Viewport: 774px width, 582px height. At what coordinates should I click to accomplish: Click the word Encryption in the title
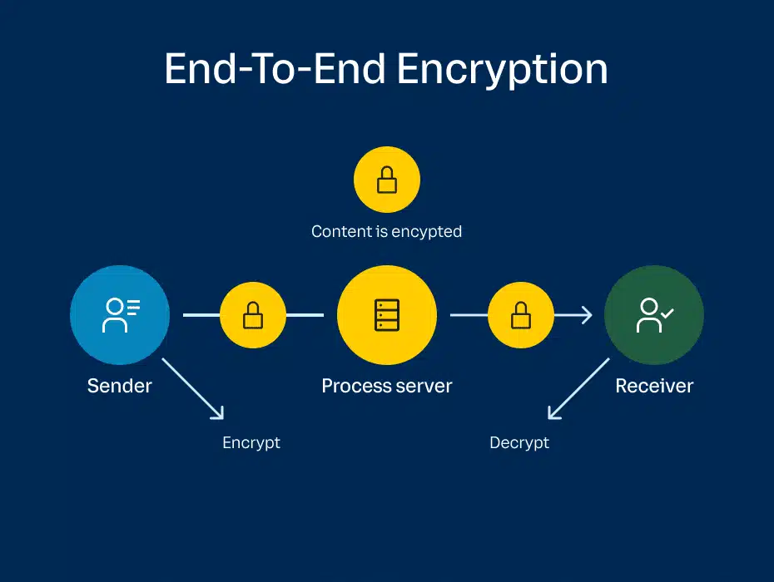502,70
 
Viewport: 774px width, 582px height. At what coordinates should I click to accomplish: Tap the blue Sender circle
120,315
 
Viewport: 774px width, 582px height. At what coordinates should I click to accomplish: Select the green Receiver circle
654,315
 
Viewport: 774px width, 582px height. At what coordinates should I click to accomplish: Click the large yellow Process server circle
387,315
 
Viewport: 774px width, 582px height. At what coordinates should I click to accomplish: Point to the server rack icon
387,315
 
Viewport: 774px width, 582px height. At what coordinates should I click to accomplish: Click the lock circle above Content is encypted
387,180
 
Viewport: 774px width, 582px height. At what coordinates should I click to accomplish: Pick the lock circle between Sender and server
253,315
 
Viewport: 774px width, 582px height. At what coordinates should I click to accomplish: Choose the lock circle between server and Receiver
521,315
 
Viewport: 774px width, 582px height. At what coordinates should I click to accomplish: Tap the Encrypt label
251,443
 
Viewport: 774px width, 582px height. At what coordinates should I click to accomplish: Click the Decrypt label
519,443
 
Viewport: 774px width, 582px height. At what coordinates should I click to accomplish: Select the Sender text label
120,386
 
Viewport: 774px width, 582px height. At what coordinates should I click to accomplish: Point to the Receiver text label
654,386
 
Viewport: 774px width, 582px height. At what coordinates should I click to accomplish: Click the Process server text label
387,386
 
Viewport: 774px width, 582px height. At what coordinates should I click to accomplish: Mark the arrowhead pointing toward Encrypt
219,414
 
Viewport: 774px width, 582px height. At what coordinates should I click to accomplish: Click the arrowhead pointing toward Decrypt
553,414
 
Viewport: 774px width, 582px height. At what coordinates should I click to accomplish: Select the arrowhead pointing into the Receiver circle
587,315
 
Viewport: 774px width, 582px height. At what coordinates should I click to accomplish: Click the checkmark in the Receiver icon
667,313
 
